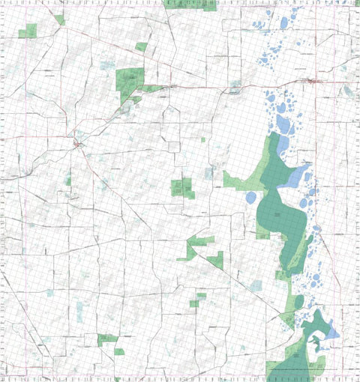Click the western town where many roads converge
[x=78, y=142]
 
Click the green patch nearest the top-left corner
[x=28, y=31]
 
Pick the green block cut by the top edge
[x=189, y=4]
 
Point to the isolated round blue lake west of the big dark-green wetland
[x=250, y=197]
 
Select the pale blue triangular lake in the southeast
[x=330, y=330]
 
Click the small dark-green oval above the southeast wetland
[x=299, y=301]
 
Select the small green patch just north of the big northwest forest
[x=141, y=46]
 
